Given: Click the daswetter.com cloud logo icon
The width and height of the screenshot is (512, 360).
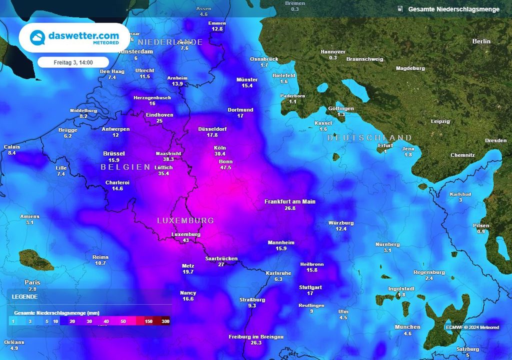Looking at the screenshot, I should pyautogui.click(x=37, y=37).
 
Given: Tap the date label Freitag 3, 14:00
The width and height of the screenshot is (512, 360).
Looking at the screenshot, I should pyautogui.click(x=73, y=62).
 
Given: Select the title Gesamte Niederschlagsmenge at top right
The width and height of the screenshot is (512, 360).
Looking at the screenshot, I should pyautogui.click(x=453, y=9).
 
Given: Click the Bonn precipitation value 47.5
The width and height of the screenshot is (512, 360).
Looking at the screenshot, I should pyautogui.click(x=225, y=168).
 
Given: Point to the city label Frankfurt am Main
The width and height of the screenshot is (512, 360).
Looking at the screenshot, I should pyautogui.click(x=290, y=201).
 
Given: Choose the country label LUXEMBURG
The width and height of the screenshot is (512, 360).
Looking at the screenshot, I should pyautogui.click(x=185, y=220).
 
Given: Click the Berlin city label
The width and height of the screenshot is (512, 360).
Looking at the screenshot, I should pyautogui.click(x=481, y=41).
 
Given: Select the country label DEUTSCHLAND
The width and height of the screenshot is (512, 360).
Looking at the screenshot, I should pyautogui.click(x=369, y=137).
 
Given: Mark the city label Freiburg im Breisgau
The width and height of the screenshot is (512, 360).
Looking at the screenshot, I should pyautogui.click(x=256, y=337).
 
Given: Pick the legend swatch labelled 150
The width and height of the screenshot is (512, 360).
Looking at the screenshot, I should pyautogui.click(x=148, y=321).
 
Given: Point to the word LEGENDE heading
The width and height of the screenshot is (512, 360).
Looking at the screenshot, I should pyautogui.click(x=24, y=296).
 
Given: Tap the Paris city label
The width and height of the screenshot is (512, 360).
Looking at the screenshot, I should pyautogui.click(x=32, y=282).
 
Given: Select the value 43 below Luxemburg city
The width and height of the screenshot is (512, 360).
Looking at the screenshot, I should pyautogui.click(x=185, y=240).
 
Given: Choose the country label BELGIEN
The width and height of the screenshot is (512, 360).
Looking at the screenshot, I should pyautogui.click(x=125, y=167).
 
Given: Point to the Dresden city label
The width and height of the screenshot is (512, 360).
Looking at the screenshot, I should pyautogui.click(x=495, y=140).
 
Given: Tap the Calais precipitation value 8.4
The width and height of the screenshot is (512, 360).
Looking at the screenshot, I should pyautogui.click(x=12, y=152).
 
